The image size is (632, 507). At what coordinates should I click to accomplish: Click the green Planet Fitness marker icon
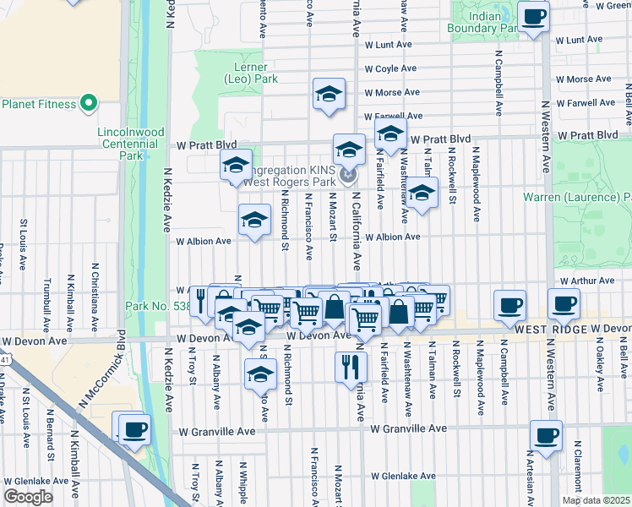click(89, 105)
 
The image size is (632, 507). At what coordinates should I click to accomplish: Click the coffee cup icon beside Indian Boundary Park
click(533, 17)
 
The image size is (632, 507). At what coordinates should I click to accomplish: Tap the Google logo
click(28, 497)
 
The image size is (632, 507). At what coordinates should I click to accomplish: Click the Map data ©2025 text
click(595, 500)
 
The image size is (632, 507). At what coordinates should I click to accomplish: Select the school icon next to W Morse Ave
click(329, 95)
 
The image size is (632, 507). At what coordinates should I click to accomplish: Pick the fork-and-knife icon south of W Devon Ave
click(351, 368)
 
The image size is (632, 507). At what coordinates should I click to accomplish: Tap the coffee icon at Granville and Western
click(546, 436)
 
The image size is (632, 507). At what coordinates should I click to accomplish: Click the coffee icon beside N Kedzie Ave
click(134, 429)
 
